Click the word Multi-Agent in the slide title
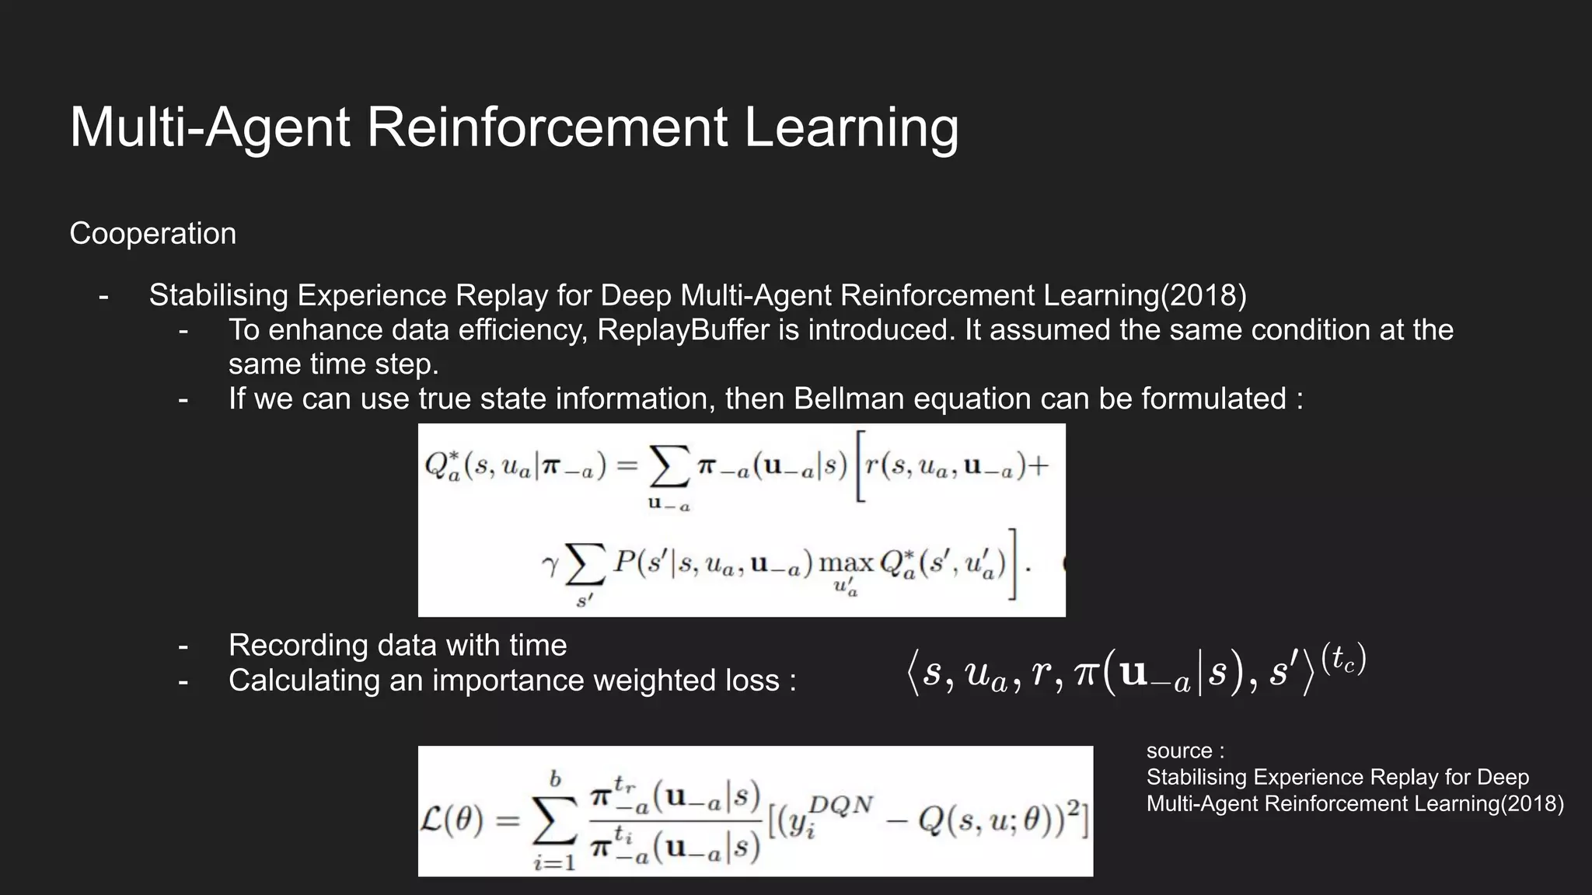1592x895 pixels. coord(210,127)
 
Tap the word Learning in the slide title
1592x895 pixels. coord(851,128)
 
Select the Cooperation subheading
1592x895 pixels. coord(152,234)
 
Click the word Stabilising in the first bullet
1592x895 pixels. coord(218,295)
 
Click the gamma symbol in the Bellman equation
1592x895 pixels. coord(550,564)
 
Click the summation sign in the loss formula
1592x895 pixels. coord(555,820)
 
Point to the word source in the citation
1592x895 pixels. coord(1178,751)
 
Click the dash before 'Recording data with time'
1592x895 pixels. coord(183,646)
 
